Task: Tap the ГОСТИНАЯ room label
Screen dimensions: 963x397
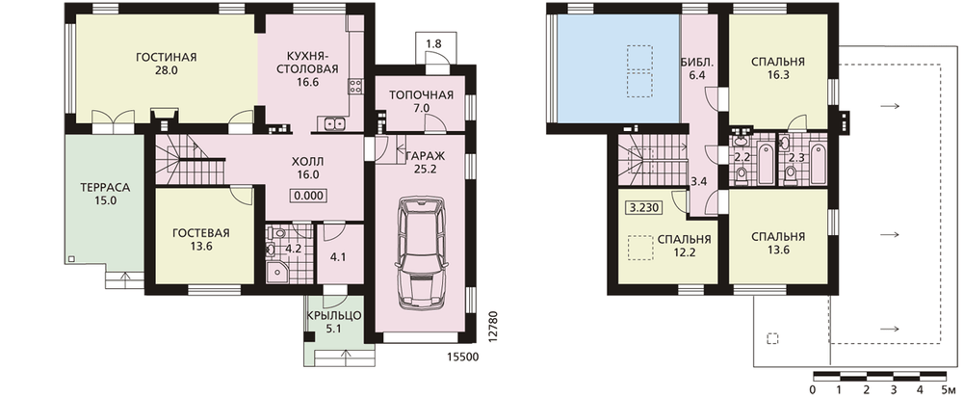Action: (x=166, y=57)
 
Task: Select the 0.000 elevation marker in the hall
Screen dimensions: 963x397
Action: (x=308, y=197)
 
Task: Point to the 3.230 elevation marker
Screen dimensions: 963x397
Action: (x=643, y=208)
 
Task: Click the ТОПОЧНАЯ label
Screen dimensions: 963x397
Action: (x=422, y=94)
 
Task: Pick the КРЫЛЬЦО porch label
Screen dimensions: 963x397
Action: (x=335, y=316)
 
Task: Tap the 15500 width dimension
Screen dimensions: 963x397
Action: (x=464, y=357)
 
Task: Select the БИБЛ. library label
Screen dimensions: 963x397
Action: (x=696, y=62)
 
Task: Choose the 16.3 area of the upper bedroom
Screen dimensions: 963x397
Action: (x=778, y=75)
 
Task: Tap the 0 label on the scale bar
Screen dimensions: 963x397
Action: (x=813, y=389)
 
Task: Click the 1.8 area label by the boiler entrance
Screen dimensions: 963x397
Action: (x=433, y=43)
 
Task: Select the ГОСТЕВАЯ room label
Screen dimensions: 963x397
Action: (x=201, y=233)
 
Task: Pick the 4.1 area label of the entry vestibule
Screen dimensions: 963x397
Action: (x=338, y=257)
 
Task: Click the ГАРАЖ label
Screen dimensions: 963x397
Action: (x=422, y=156)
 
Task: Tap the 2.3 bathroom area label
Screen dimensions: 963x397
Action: (x=796, y=157)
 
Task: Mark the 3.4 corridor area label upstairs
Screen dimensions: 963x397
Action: (x=699, y=181)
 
